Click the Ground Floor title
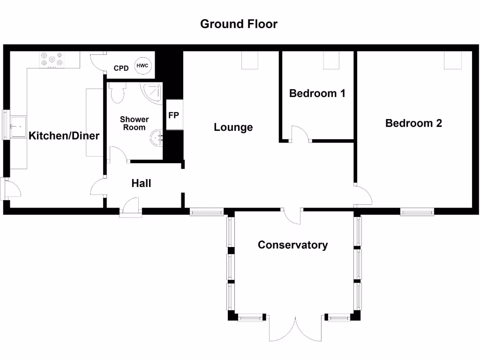click(x=239, y=24)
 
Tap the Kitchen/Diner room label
click(x=64, y=136)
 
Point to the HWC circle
click(x=142, y=66)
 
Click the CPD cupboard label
click(x=121, y=68)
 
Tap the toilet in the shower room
click(x=118, y=93)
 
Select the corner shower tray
click(x=154, y=92)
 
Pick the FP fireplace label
click(x=173, y=115)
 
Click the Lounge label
click(x=233, y=127)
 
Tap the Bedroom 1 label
click(x=317, y=93)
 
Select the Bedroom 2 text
click(x=413, y=123)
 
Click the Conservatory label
click(x=292, y=245)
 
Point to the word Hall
click(x=141, y=183)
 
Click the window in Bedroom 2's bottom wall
click(x=417, y=212)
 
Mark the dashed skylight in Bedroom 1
click(x=332, y=60)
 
